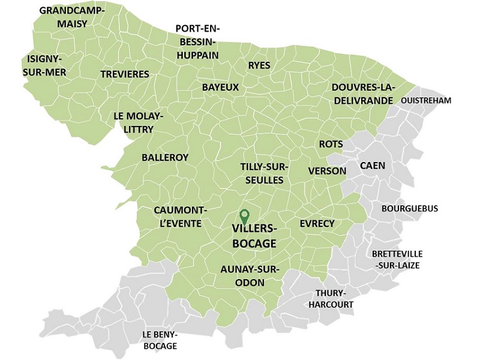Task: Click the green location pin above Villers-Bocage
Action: tap(244, 215)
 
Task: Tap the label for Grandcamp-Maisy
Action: tap(71, 17)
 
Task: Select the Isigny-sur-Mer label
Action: tap(47, 65)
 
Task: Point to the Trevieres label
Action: tap(125, 73)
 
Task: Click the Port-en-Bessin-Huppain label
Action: tap(197, 41)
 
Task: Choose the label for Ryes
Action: tap(259, 65)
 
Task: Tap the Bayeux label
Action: tap(220, 87)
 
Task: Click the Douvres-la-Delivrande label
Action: tap(362, 93)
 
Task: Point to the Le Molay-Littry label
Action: tap(137, 122)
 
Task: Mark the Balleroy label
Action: tap(165, 157)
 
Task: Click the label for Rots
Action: tap(331, 144)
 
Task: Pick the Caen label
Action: tap(373, 165)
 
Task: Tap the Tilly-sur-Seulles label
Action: tap(265, 172)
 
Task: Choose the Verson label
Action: tap(327, 171)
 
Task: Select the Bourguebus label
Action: tap(410, 209)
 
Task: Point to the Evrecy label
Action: tap(317, 223)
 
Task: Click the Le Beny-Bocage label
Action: tap(160, 340)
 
